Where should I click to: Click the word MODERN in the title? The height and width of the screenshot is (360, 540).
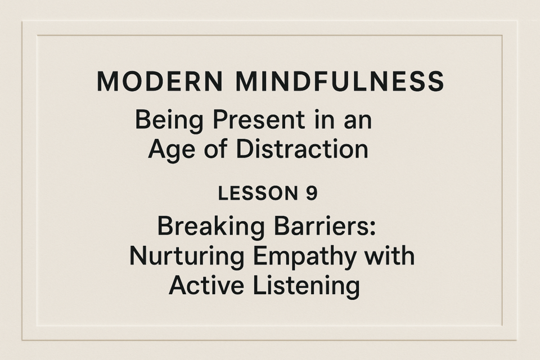pyautogui.click(x=160, y=82)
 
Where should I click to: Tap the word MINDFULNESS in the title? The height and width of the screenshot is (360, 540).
pyautogui.click(x=340, y=82)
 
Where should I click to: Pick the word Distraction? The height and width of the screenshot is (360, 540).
pyautogui.click(x=302, y=149)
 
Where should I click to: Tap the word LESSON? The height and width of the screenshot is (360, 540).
pyautogui.click(x=258, y=193)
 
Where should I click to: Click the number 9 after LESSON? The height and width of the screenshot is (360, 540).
pyautogui.click(x=311, y=193)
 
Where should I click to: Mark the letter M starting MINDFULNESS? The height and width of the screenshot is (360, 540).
pyautogui.click(x=247, y=82)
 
